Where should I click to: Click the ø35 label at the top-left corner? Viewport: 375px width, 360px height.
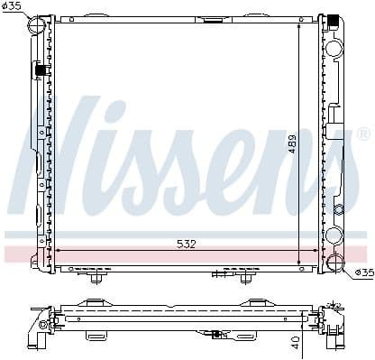[x=12, y=7]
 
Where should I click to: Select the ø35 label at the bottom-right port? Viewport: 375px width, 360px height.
[x=362, y=272]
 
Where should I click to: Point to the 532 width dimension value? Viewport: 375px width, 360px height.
[x=186, y=244]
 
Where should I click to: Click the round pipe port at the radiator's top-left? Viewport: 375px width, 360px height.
[x=37, y=25]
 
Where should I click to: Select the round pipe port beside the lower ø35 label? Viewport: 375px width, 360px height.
[x=334, y=263]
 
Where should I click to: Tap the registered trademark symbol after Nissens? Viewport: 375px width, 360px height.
[x=362, y=134]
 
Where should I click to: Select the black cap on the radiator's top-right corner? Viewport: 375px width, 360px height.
[x=334, y=19]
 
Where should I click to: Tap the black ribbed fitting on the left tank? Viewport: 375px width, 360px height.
[x=40, y=69]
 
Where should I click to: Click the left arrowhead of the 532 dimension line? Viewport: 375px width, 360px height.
[x=59, y=250]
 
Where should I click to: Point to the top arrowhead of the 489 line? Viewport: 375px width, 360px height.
[x=301, y=25]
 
